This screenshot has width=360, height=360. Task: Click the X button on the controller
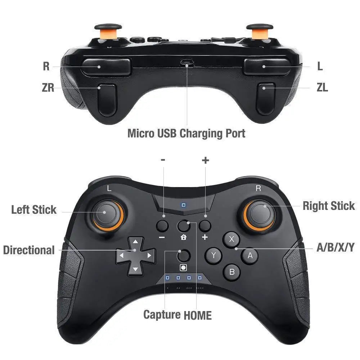tap(232, 239)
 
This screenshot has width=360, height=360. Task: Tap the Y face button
tap(213, 256)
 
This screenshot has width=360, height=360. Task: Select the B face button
tap(232, 272)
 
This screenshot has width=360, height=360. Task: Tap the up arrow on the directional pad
tap(135, 242)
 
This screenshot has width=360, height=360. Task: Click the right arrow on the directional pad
tap(149, 256)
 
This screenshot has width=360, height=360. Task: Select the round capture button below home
tap(184, 255)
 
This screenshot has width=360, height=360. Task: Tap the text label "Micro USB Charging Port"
tap(186, 133)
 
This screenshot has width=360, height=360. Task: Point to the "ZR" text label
tap(48, 87)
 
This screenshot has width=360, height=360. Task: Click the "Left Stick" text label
tap(34, 210)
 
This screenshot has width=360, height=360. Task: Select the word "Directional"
tap(29, 250)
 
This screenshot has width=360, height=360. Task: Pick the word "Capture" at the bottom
tap(162, 315)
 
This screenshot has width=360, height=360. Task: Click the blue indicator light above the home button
tap(184, 205)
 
